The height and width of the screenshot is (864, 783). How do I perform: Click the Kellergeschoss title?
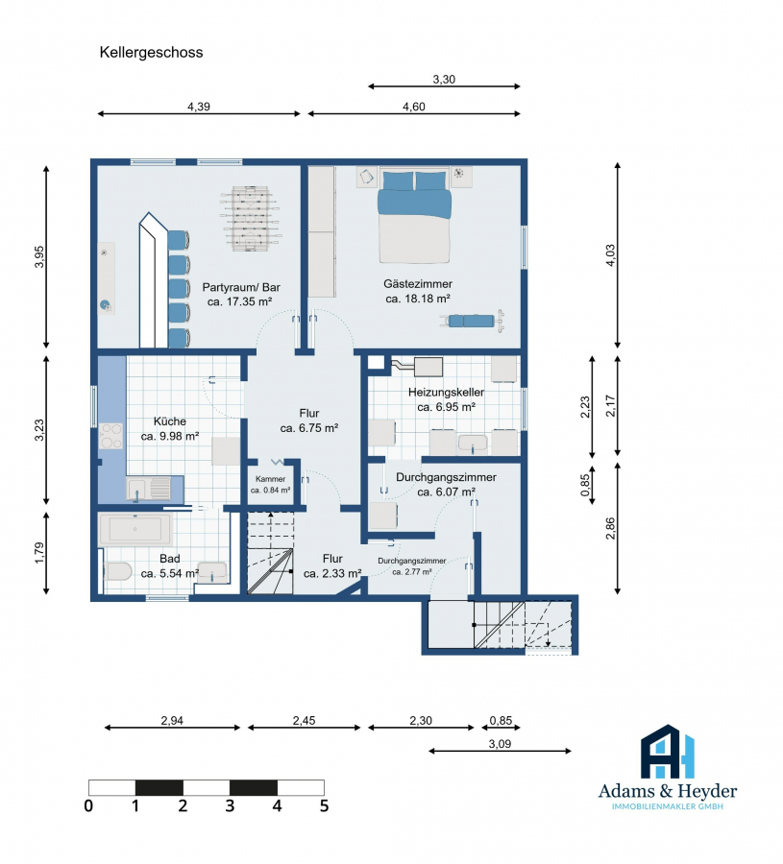point(151,53)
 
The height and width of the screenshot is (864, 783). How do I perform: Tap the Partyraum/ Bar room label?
point(241,287)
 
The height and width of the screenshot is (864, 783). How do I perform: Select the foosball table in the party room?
point(251,219)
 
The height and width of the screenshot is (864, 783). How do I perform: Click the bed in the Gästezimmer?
point(414,216)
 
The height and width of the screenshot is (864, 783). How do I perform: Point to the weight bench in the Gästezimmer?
point(472,321)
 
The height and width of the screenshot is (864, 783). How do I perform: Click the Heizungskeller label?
point(446,393)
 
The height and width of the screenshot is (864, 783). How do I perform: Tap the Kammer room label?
point(270,479)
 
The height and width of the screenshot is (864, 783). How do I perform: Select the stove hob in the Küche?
point(110,436)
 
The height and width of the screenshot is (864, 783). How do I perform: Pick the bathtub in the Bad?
point(135,530)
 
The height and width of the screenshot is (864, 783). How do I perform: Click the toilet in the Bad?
point(118,571)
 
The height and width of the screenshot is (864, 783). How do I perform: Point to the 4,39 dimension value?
point(199,107)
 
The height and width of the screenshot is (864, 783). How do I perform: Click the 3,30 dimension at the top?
point(444,80)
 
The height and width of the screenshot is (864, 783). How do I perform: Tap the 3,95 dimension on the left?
point(39,256)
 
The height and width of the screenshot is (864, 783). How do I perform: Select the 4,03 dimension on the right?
point(610,255)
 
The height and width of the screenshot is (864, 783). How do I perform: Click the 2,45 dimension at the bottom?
point(304,721)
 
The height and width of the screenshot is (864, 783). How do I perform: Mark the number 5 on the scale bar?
point(324,806)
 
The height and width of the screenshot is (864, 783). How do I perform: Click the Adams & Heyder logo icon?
point(667,752)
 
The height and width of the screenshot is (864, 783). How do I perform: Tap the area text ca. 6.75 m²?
point(308,428)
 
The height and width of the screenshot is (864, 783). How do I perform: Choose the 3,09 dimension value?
point(500,744)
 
